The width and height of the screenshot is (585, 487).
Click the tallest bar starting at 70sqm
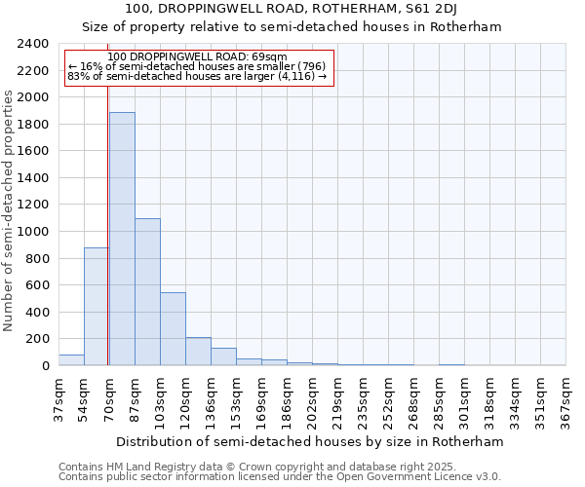click(122, 239)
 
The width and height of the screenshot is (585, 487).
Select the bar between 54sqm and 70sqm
click(97, 307)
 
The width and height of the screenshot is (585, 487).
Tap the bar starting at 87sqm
click(147, 292)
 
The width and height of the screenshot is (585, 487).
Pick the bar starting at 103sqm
click(173, 329)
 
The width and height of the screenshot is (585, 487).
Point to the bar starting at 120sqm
click(198, 352)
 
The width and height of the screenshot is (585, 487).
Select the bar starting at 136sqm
click(223, 356)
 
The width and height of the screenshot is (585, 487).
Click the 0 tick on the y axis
click(45, 366)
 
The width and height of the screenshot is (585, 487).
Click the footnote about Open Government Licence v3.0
click(280, 476)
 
